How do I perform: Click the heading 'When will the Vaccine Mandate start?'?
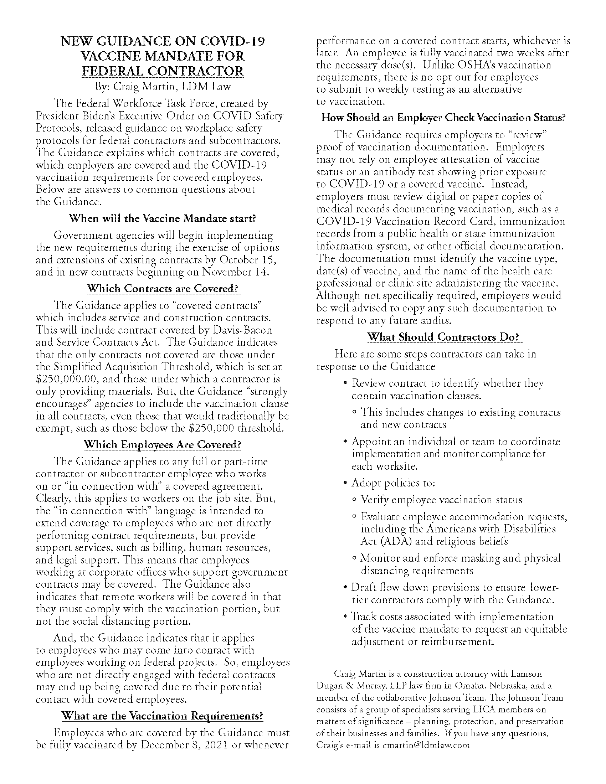pyautogui.click(x=162, y=218)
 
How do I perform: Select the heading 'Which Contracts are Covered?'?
pyautogui.click(x=163, y=288)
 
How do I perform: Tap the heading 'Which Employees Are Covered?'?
pyautogui.click(x=162, y=444)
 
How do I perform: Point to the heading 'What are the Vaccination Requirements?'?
pyautogui.click(x=162, y=716)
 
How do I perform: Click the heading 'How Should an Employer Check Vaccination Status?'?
pyautogui.click(x=443, y=117)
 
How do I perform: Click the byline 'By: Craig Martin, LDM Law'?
pyautogui.click(x=163, y=87)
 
